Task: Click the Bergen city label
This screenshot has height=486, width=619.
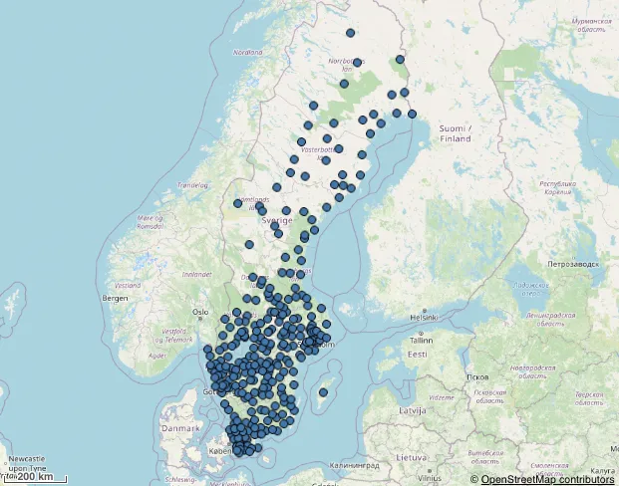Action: tap(116, 298)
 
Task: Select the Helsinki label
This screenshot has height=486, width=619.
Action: tap(424, 318)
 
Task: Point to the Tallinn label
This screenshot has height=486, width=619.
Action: tap(418, 340)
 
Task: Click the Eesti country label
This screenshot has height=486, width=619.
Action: tap(417, 354)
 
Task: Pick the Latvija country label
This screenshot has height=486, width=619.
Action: tap(413, 409)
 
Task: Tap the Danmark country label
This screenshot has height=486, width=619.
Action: tap(181, 427)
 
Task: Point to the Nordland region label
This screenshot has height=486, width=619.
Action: tap(247, 52)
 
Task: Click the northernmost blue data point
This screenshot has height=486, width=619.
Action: tap(350, 34)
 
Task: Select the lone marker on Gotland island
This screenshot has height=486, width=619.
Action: tap(323, 392)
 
